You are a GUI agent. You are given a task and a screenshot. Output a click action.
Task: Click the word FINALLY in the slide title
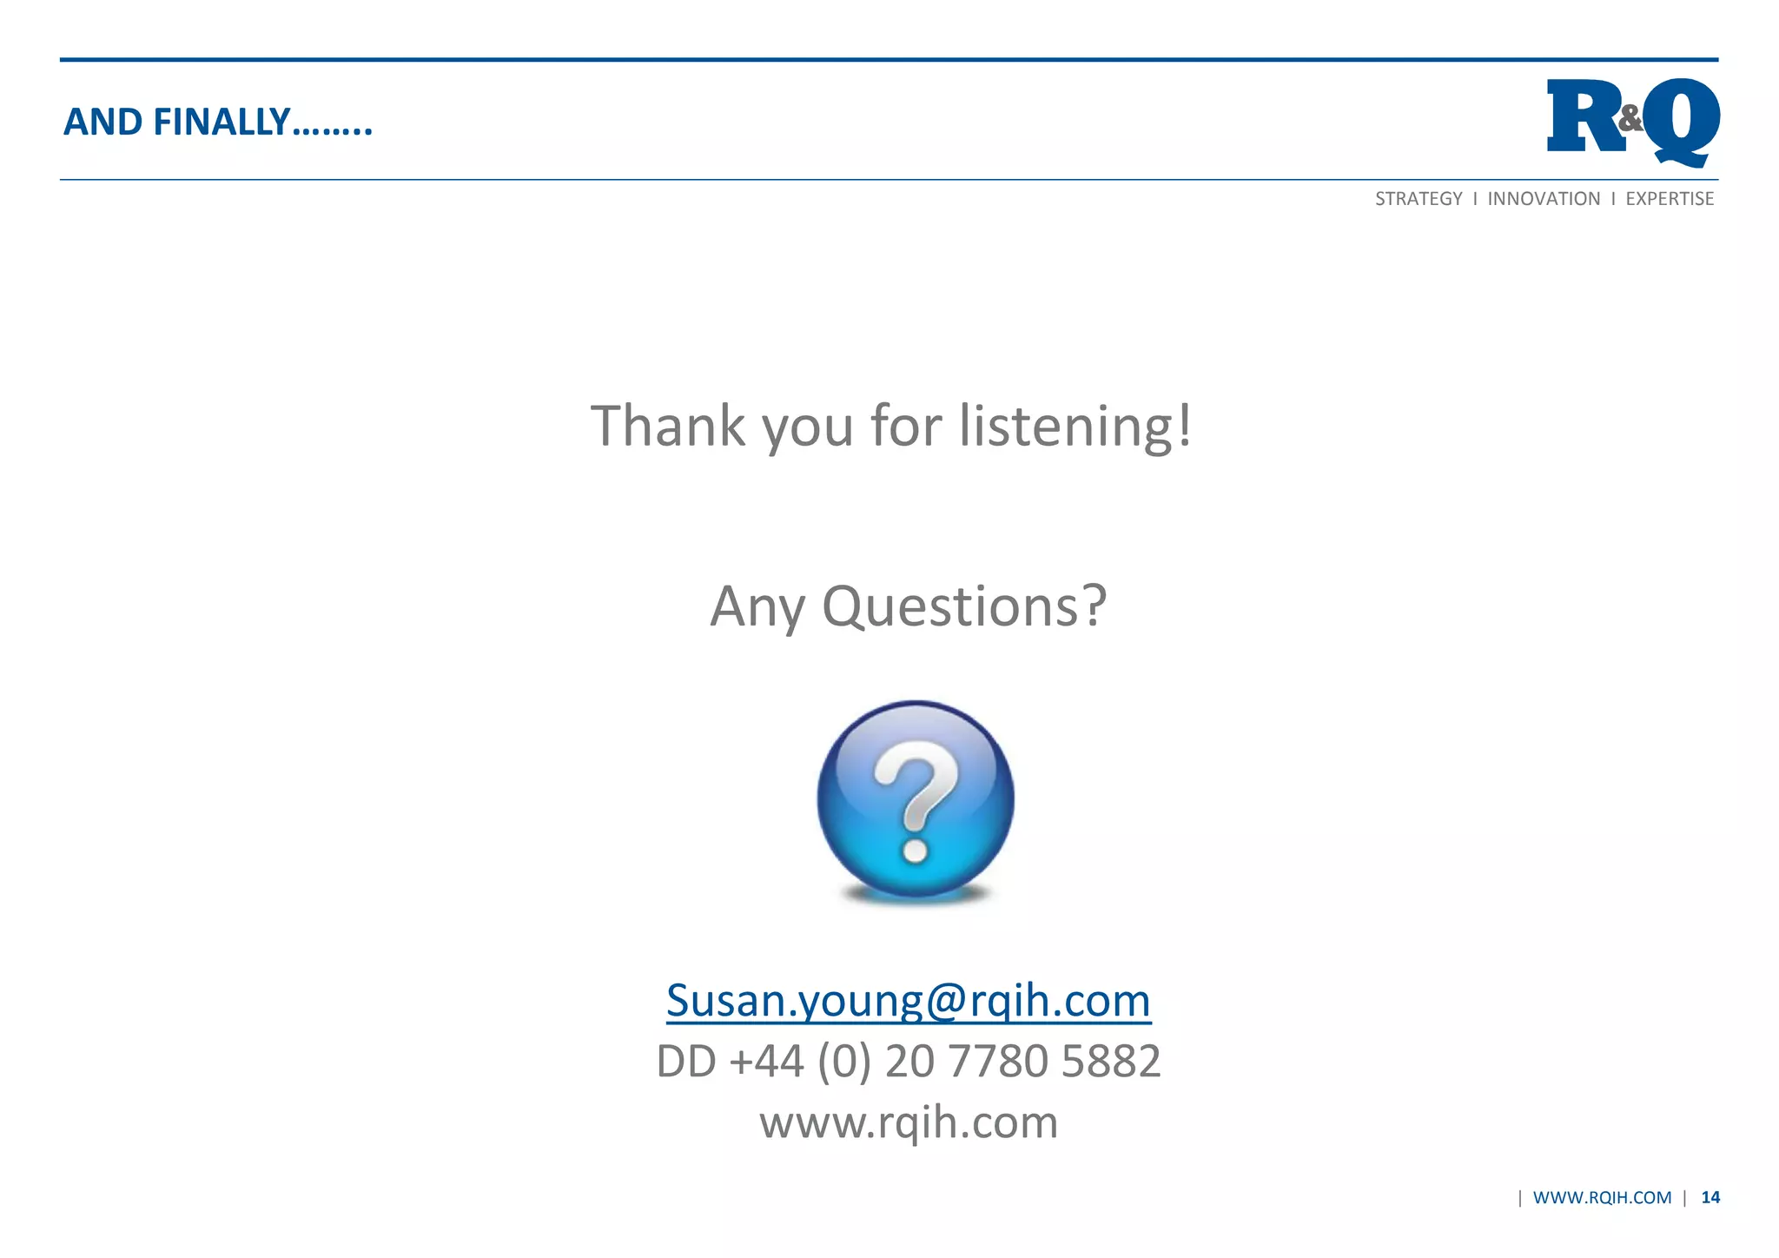click(221, 122)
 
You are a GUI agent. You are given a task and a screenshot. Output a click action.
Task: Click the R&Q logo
click(1632, 122)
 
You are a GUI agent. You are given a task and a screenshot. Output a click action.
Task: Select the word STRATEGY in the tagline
click(1419, 199)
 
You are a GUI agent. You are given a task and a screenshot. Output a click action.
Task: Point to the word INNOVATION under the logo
click(1544, 199)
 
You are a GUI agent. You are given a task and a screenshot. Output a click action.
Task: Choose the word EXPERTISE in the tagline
click(1670, 199)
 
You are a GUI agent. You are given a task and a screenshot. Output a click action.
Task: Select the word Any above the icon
click(757, 606)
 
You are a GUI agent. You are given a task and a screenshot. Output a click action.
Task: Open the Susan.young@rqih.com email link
click(909, 1000)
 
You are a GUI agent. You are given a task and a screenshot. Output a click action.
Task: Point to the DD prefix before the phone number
click(685, 1062)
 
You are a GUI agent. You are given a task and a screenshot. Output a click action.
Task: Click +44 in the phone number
click(767, 1062)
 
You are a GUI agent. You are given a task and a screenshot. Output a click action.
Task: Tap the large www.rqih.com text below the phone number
click(909, 1122)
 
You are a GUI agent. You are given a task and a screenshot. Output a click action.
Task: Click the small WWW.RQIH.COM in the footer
click(1602, 1198)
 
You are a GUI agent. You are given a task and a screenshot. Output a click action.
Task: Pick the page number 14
click(1710, 1198)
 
